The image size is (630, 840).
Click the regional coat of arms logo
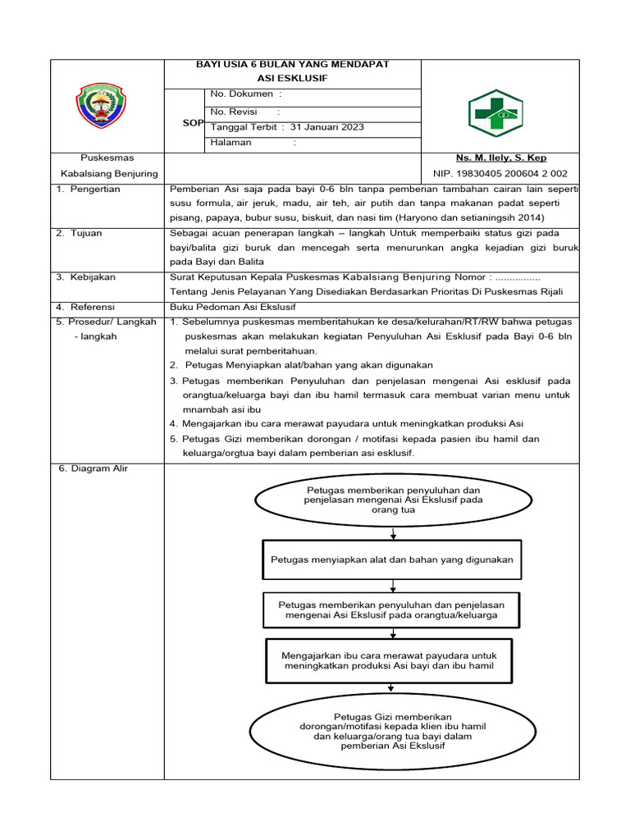pos(107,107)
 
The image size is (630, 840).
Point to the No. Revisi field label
pos(234,112)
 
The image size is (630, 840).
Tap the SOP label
pos(193,122)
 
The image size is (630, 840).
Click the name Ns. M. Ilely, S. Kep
pos(500,157)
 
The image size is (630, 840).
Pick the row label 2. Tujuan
pos(80,233)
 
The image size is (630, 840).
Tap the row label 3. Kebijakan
pos(84,277)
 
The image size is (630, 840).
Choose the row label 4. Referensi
pos(85,307)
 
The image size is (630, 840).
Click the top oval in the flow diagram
pos(393,499)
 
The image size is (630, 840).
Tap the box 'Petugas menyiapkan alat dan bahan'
pos(392,559)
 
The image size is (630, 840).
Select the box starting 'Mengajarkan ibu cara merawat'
pos(389,661)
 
